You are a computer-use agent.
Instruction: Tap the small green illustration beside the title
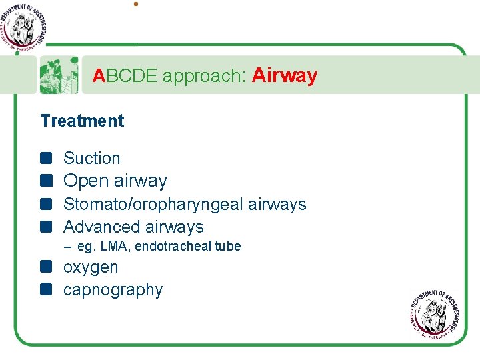[59, 75]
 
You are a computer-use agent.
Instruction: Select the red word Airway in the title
[285, 76]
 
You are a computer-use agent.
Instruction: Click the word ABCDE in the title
[125, 77]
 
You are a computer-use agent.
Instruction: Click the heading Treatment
[82, 121]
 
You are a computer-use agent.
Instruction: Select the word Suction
[91, 158]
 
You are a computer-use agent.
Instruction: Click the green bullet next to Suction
[45, 158]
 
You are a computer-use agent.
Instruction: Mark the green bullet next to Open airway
[45, 181]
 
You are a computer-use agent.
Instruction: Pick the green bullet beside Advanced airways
[45, 227]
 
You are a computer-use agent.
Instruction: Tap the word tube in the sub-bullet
[228, 247]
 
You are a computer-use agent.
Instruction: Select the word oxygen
[91, 267]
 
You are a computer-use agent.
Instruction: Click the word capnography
[113, 290]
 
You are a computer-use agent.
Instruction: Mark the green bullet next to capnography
[45, 289]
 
